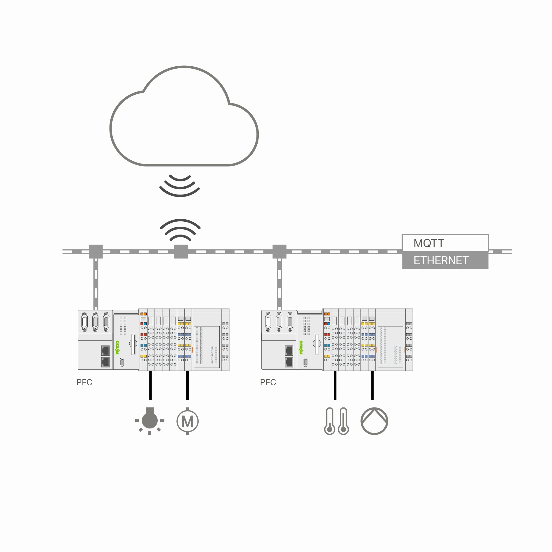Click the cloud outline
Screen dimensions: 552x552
coord(184,117)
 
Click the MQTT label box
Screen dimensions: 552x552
coord(445,243)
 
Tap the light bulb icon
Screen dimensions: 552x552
coord(150,420)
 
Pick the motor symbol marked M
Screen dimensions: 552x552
coord(188,421)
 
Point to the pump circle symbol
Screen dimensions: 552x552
coord(374,421)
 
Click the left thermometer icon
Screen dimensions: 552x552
coord(329,421)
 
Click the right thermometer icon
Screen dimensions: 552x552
coord(343,421)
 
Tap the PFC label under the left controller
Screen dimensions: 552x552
coord(84,382)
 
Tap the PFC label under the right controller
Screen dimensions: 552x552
coord(268,382)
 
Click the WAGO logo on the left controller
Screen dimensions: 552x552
coord(117,348)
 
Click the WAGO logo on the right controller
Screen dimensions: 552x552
coord(301,348)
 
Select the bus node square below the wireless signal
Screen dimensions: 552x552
coord(181,251)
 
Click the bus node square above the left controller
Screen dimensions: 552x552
coord(96,251)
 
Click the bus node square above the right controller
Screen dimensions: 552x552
coord(280,251)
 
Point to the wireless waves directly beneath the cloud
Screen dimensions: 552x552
coord(180,185)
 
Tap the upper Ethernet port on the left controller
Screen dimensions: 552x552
coord(105,350)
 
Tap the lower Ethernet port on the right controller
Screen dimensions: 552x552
coord(289,362)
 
